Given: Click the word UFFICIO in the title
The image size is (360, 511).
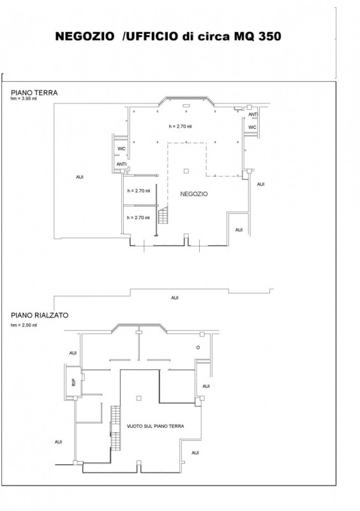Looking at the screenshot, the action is pyautogui.click(x=152, y=36).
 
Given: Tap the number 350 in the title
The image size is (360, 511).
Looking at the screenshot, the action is pyautogui.click(x=270, y=36).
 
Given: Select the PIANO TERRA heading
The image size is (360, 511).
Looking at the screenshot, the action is pyautogui.click(x=34, y=93).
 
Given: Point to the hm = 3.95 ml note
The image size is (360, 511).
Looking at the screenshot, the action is pyautogui.click(x=24, y=99).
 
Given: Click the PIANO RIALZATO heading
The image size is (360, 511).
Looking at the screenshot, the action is pyautogui.click(x=40, y=316).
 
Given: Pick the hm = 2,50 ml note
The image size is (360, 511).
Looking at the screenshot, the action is pyautogui.click(x=24, y=325).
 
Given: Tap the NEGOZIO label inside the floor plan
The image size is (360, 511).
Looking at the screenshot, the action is pyautogui.click(x=194, y=194).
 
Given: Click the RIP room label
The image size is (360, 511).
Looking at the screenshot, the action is pyautogui.click(x=73, y=382).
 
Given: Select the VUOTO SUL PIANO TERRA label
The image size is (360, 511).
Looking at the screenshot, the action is pyautogui.click(x=155, y=426).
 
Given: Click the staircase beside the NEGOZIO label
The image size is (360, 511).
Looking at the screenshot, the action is pyautogui.click(x=163, y=215).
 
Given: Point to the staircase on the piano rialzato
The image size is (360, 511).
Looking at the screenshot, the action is pyautogui.click(x=116, y=428).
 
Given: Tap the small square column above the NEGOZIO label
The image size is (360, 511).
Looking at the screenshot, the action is pyautogui.click(x=186, y=171).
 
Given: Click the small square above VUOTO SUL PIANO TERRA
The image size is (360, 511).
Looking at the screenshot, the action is pyautogui.click(x=139, y=398).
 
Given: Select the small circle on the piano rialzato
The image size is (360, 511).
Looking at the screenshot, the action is pyautogui.click(x=198, y=347).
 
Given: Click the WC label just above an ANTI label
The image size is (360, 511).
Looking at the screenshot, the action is pyautogui.click(x=121, y=149).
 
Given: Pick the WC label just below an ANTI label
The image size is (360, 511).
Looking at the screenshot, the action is pyautogui.click(x=253, y=127).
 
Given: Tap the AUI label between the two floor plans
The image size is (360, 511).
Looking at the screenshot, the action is pyautogui.click(x=175, y=298).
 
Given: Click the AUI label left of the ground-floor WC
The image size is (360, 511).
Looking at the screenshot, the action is pyautogui.click(x=80, y=177).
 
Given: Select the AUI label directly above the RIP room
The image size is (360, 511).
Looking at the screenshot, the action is pyautogui.click(x=73, y=353).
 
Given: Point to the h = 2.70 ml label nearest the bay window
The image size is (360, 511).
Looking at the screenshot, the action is pyautogui.click(x=180, y=126).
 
